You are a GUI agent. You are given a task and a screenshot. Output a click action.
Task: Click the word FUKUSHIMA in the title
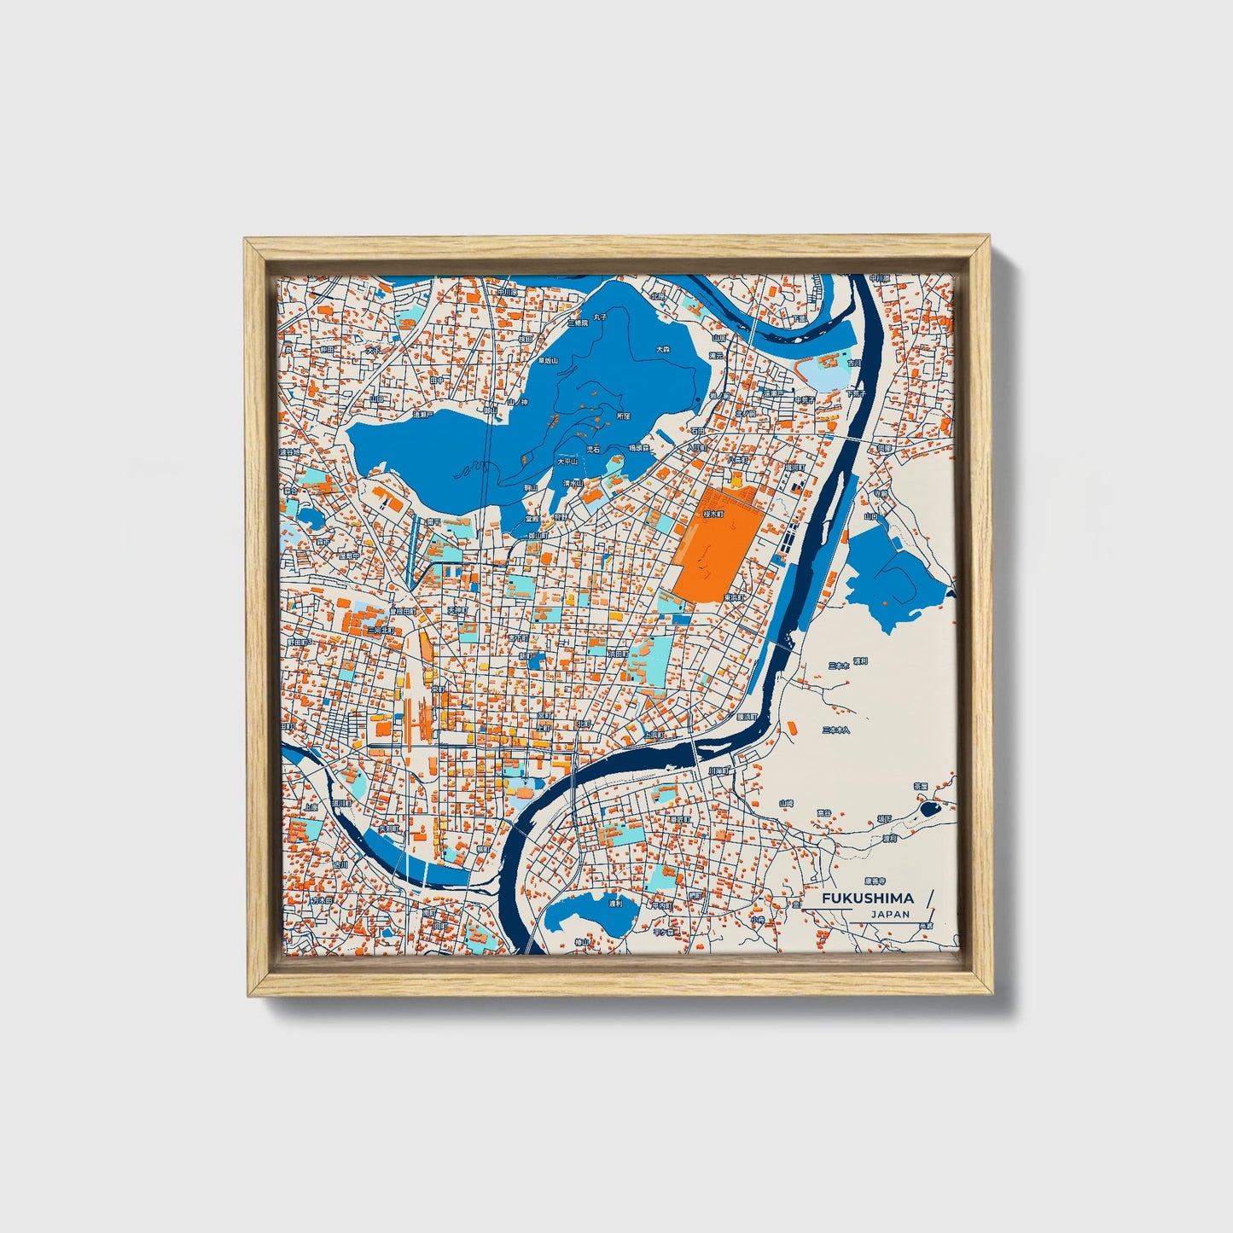[867, 898]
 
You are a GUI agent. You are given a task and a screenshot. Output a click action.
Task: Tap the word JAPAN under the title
[890, 914]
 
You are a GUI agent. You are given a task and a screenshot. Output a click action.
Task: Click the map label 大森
[663, 349]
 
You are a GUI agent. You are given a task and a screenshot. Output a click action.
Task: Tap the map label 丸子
[601, 317]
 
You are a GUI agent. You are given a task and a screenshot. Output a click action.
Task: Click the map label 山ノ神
[517, 401]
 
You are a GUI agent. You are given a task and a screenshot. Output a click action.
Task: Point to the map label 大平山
[567, 461]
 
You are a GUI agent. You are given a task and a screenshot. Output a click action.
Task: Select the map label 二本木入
[835, 730]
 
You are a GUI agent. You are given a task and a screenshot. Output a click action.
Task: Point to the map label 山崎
[786, 803]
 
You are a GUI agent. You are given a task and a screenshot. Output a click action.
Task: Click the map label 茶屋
[920, 786]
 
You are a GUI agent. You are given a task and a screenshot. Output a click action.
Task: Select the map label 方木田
[321, 899]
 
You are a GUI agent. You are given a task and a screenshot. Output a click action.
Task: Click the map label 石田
[699, 431]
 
